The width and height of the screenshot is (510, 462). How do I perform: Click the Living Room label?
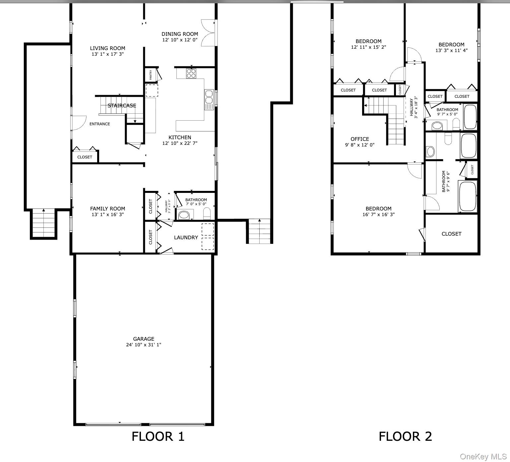point(107,48)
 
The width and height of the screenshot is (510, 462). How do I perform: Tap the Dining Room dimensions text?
point(180,40)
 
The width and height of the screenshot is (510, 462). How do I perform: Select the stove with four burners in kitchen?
point(191,73)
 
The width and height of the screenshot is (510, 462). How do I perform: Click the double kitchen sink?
point(209,97)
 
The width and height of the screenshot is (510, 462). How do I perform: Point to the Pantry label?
point(151,74)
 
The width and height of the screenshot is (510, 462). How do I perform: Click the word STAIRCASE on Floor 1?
point(122,105)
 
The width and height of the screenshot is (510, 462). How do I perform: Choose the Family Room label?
point(107,208)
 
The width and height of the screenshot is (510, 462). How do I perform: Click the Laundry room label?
point(186,237)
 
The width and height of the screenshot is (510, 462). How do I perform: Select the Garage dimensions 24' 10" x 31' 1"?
point(144,345)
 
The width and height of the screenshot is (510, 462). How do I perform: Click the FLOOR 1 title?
point(158,436)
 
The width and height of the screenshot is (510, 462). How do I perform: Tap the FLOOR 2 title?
point(405,436)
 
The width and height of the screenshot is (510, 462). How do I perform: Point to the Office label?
point(360,139)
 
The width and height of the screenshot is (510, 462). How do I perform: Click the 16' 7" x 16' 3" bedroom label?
point(378,214)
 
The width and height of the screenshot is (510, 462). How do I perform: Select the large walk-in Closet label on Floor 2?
point(451,234)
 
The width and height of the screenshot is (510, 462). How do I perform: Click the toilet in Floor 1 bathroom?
point(207,214)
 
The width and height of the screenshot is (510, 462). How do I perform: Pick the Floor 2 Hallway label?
point(412,107)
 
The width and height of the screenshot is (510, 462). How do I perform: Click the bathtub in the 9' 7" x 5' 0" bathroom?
point(470,117)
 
